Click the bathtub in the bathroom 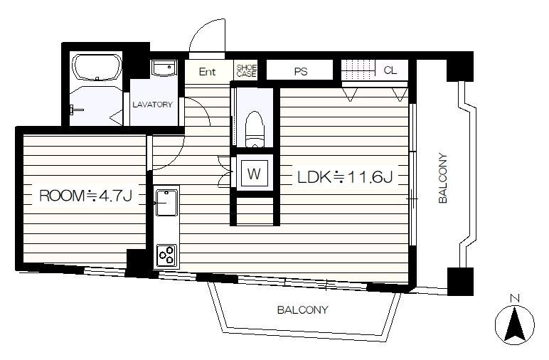(97, 68)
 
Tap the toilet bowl (255, 129)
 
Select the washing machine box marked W (254, 174)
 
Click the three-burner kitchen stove (166, 255)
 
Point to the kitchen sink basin (166, 203)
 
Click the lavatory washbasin (164, 68)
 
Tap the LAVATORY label (153, 105)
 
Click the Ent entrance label (207, 72)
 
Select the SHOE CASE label (247, 70)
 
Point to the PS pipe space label (300, 71)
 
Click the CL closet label (390, 70)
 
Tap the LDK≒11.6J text (345, 177)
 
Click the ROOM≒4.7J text (86, 196)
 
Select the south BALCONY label (302, 310)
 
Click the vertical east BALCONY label (443, 179)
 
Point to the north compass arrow (514, 324)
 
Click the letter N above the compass (515, 298)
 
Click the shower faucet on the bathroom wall (75, 110)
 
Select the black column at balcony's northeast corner (460, 67)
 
